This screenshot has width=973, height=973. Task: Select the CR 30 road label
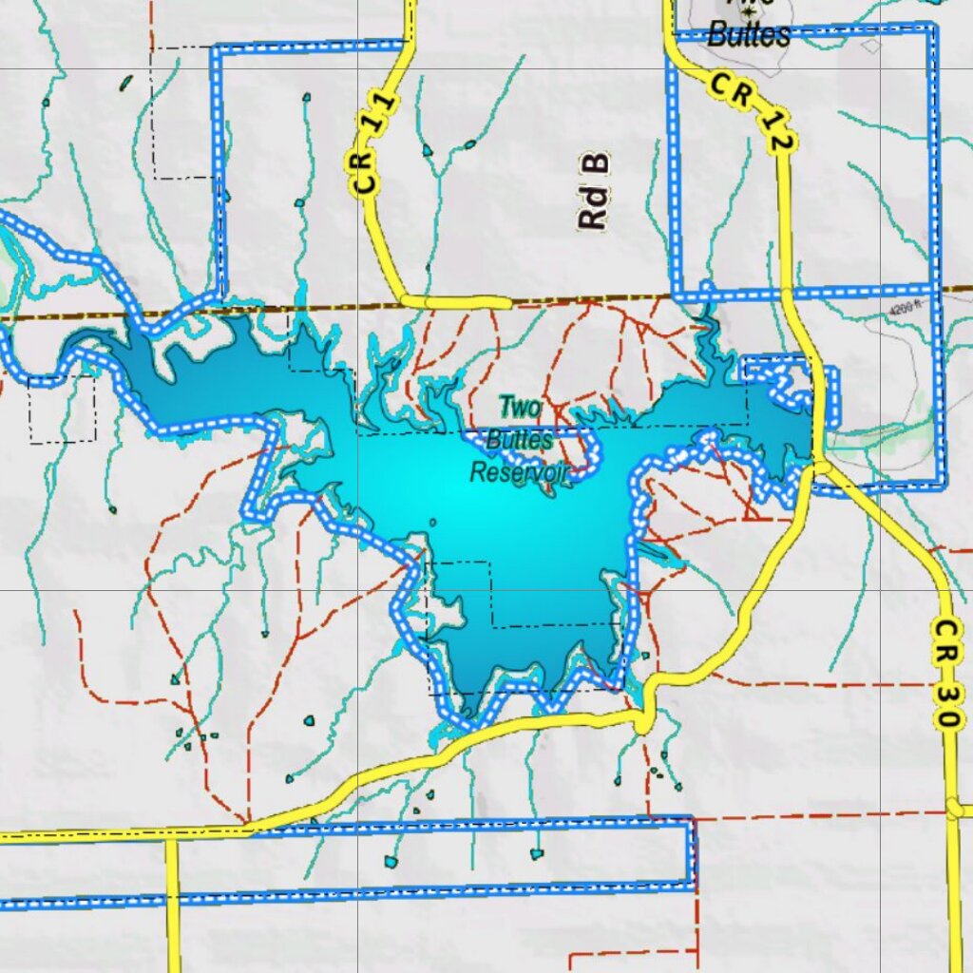tap(944, 675)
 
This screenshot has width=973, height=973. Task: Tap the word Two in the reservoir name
tap(520, 409)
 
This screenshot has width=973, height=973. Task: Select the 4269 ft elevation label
tap(907, 308)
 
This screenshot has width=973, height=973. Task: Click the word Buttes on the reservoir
tap(519, 441)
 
